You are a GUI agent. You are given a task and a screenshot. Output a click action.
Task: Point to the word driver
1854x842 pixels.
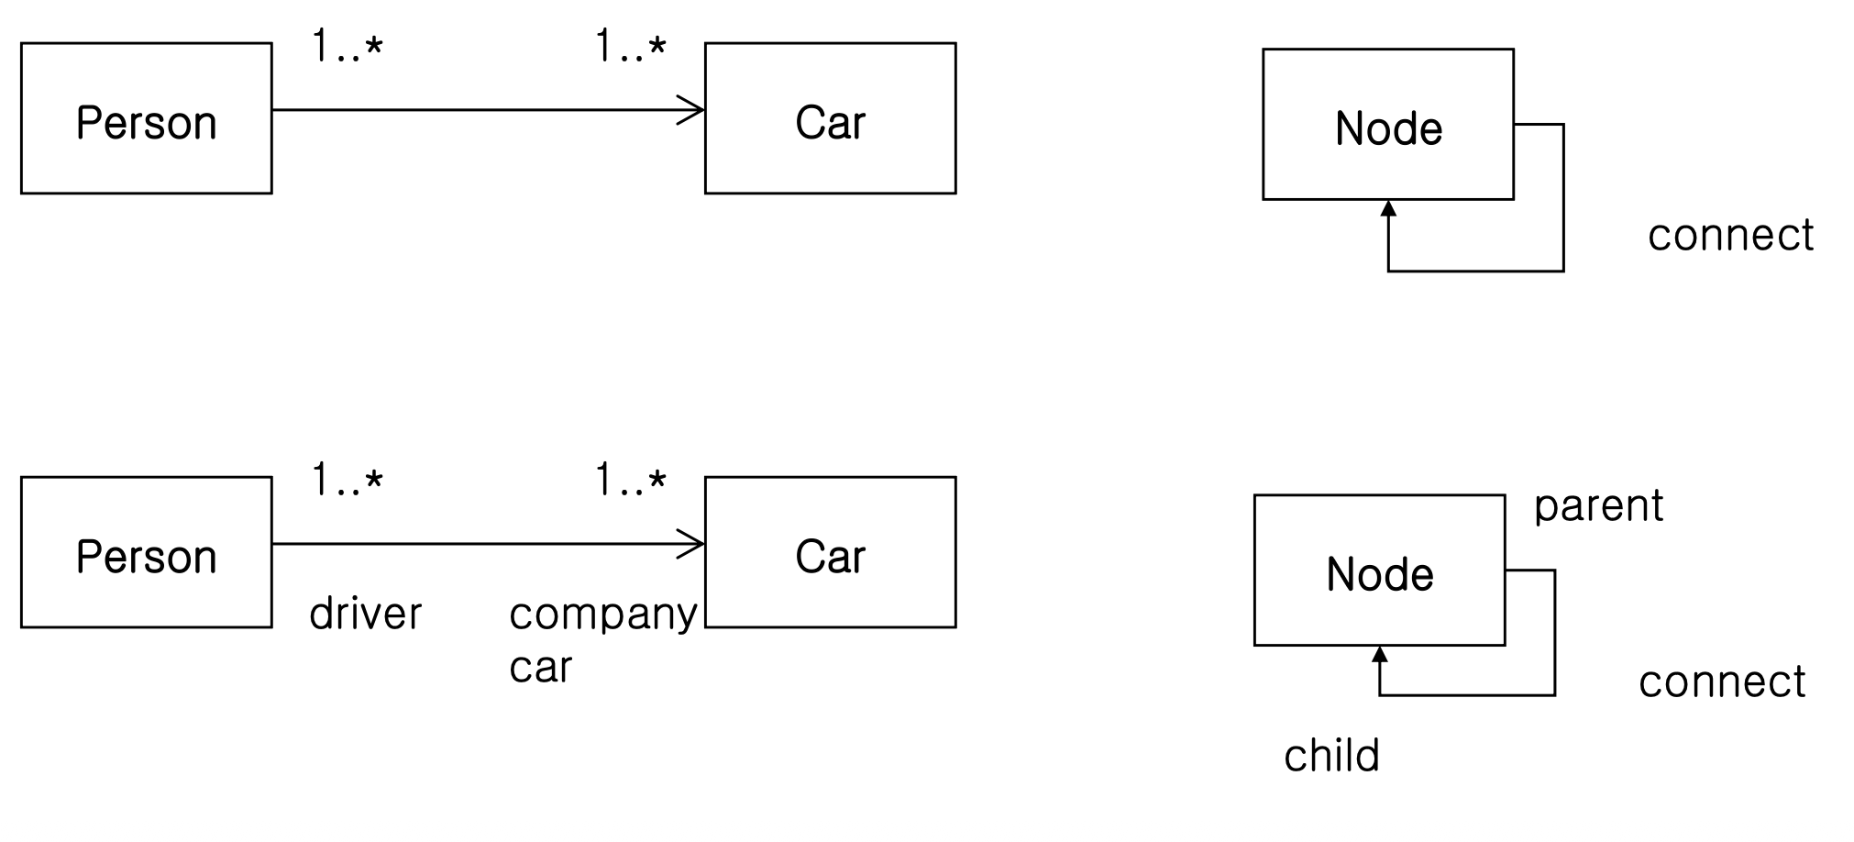366,613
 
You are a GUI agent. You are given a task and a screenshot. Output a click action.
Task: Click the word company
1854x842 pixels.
603,615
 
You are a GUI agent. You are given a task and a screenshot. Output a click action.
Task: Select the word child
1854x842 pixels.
1331,756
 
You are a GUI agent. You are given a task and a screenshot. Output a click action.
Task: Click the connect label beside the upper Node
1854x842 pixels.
1730,236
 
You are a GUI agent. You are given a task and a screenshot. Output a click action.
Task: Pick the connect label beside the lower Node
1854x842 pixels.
1722,682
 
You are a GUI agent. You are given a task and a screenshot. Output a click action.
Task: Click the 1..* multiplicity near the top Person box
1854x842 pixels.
347,46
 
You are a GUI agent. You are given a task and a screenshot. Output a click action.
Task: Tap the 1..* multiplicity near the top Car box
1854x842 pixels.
631,46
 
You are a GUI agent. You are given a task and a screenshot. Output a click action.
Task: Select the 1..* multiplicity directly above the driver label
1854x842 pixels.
347,480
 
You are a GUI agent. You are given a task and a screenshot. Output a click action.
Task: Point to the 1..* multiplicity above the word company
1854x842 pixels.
631,480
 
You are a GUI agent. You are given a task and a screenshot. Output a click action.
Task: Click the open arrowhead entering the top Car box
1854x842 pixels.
692,110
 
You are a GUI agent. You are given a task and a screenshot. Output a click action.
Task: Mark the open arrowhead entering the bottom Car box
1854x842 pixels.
692,544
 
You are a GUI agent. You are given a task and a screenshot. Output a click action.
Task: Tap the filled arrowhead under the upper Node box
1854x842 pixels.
1388,208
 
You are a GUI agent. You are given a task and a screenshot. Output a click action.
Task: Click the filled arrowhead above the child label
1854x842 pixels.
1380,654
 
